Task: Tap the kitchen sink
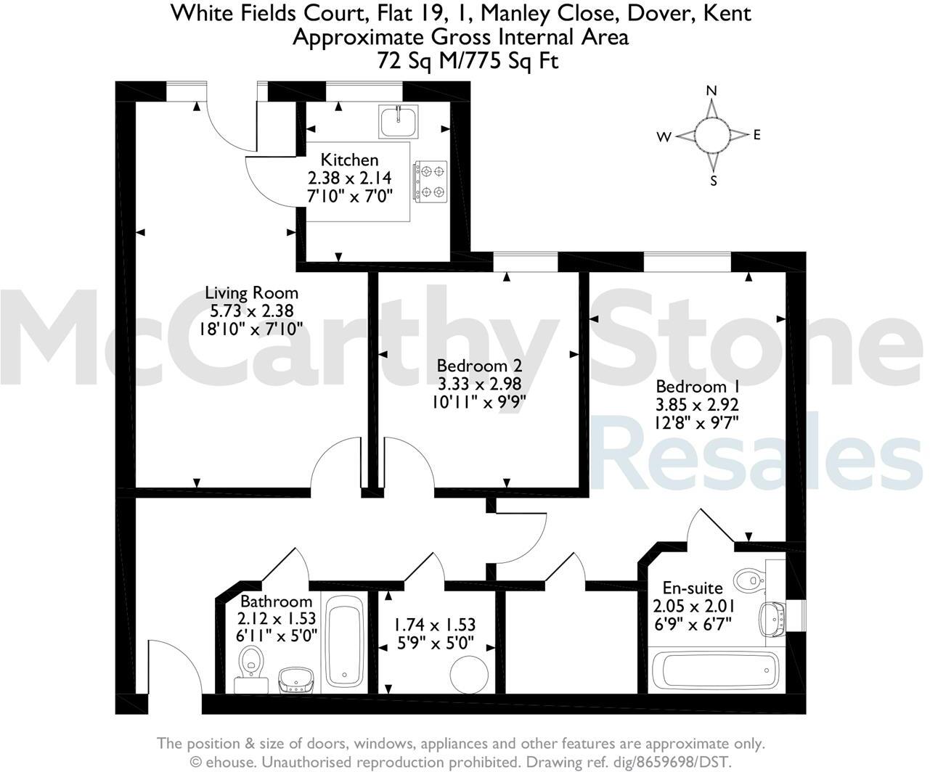398,120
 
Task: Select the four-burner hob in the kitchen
430,181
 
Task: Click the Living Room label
251,293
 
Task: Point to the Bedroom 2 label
478,366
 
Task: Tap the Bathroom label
276,601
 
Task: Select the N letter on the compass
712,91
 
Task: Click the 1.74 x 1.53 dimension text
434,625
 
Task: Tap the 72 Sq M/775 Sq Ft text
468,61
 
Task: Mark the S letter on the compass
714,181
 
